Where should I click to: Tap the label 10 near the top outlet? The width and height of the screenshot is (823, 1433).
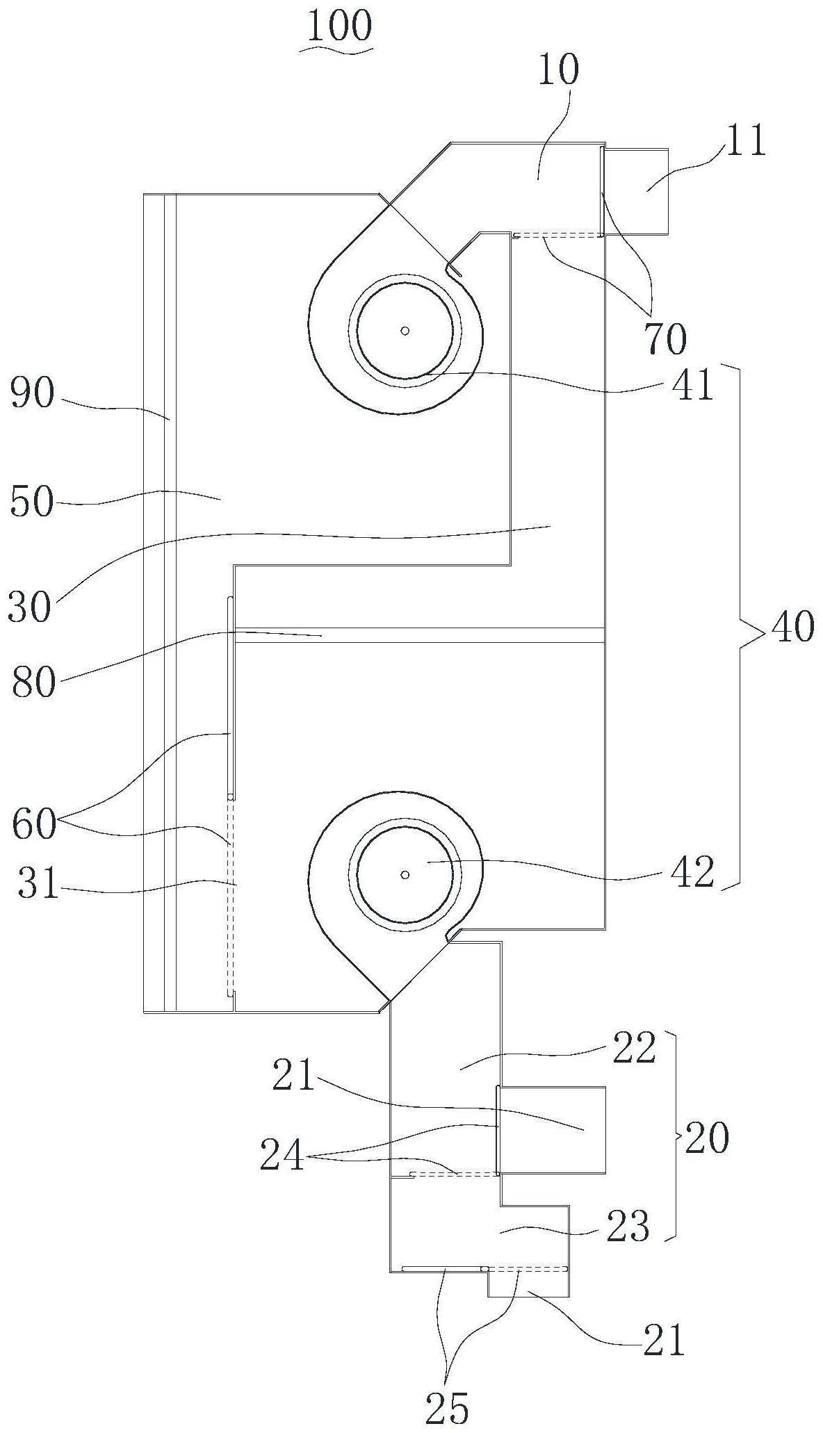tap(558, 69)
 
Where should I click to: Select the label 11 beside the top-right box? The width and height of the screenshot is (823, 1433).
tap(745, 140)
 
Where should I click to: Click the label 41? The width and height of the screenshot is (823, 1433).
tap(693, 385)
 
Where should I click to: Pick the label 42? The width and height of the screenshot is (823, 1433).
tap(694, 872)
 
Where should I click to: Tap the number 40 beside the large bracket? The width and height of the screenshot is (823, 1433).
tap(791, 628)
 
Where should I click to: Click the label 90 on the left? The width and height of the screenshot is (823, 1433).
tap(32, 394)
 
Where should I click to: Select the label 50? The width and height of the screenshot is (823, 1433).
tap(32, 502)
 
